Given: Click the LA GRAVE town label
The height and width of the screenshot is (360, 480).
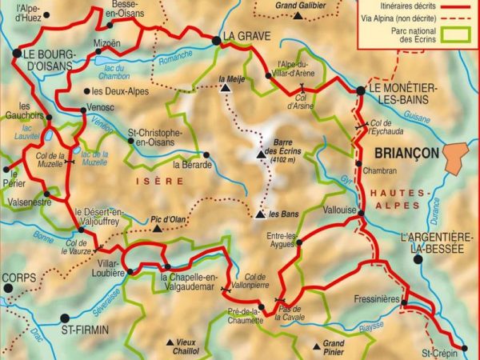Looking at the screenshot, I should point(247,36).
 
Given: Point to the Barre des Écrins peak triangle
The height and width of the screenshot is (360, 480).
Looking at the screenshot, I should point(259,155).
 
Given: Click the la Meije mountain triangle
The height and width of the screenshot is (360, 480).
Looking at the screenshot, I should point(226,90).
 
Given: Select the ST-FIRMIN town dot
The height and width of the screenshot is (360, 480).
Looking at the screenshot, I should point(65,318).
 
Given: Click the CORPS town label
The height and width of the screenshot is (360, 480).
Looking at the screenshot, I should point(19,280).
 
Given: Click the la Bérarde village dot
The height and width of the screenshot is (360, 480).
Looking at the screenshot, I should point(206,155).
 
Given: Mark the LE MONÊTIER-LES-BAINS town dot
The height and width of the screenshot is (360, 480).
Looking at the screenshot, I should point(361,91).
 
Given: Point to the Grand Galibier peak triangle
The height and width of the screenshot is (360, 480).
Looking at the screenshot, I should point(298,15).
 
